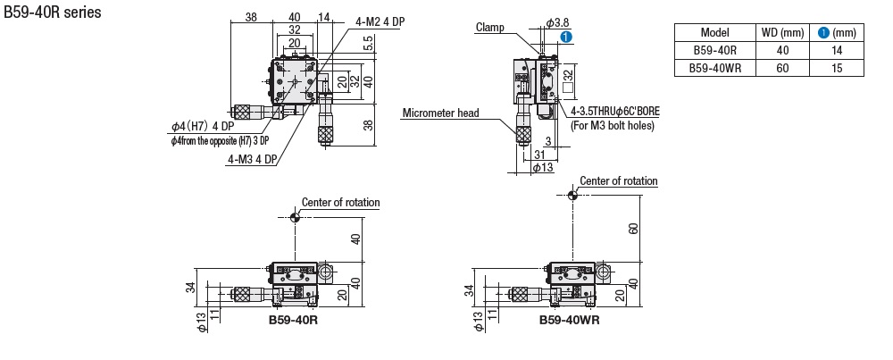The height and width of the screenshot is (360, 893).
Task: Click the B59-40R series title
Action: (53, 12)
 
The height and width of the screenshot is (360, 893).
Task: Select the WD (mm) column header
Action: (782, 33)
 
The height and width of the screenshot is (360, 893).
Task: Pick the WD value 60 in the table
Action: (782, 69)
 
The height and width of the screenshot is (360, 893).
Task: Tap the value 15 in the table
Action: (837, 69)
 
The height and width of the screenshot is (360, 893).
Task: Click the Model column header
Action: (714, 33)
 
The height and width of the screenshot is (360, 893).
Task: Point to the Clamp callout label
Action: (489, 28)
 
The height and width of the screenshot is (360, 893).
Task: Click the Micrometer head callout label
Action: (441, 113)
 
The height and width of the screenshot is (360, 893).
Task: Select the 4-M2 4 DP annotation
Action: (380, 22)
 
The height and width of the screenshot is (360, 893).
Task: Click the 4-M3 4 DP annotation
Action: (252, 160)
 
